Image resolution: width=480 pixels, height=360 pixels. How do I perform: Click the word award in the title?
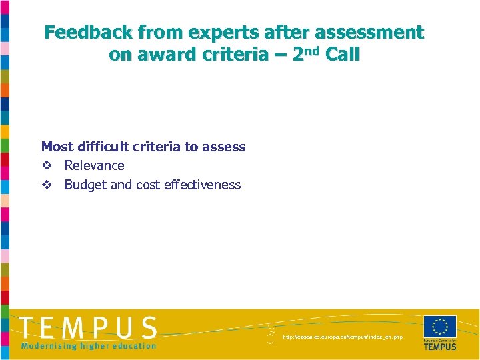[x=159, y=55]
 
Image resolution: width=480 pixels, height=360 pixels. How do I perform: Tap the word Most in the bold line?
[x=56, y=147]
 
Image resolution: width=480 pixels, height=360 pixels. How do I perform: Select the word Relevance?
[x=94, y=165]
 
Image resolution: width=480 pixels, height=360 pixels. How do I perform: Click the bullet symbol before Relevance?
[x=46, y=166]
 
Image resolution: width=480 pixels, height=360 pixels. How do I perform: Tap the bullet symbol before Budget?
[x=46, y=185]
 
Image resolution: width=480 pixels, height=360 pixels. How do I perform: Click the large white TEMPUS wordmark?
[x=88, y=327]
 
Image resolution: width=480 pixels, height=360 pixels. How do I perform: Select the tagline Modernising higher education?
[x=88, y=345]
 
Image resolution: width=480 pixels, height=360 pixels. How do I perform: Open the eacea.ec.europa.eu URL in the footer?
[x=343, y=337]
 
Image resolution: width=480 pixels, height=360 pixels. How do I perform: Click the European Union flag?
[x=439, y=326]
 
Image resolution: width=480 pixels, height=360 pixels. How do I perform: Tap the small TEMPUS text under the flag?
[x=440, y=347]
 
